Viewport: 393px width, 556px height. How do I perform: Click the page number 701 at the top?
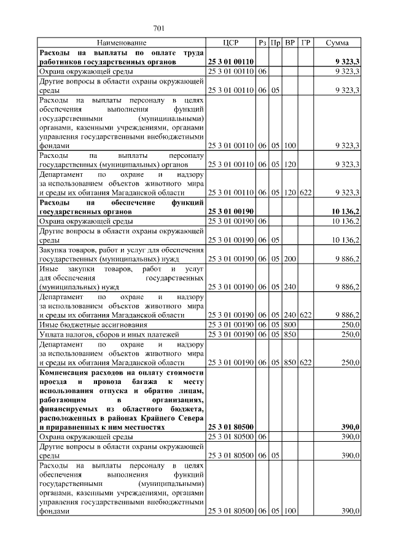coord(159,28)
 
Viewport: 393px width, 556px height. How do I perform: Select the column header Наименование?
coord(122,43)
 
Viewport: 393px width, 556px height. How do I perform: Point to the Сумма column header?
coord(337,43)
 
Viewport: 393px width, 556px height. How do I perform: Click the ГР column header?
coord(305,43)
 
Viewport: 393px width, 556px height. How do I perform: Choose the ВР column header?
coord(290,43)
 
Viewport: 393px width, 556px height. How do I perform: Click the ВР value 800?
coord(290,324)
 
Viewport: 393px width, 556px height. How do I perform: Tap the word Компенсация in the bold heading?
coord(64,372)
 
